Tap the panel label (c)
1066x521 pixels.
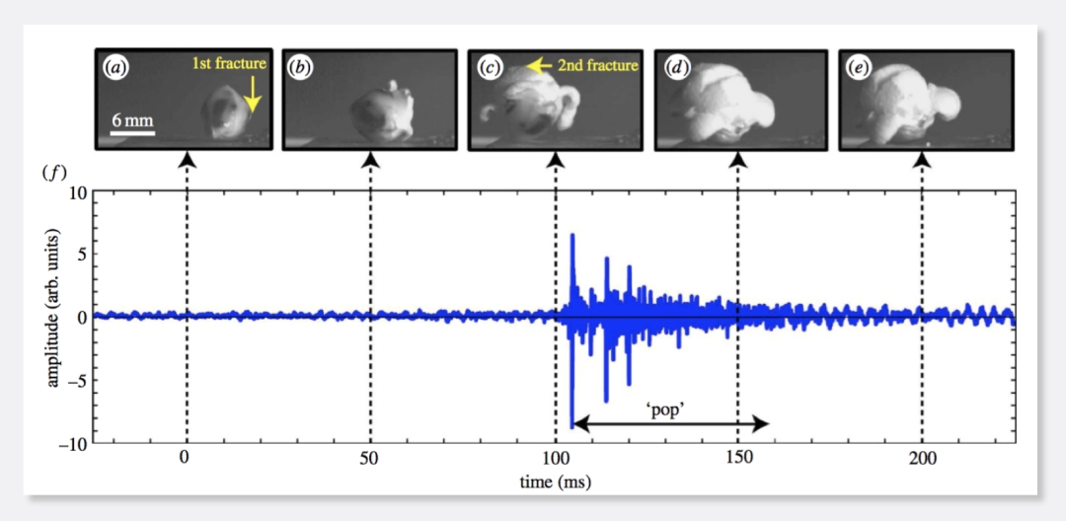point(489,68)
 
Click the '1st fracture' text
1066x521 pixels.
point(229,65)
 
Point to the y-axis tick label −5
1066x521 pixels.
point(75,380)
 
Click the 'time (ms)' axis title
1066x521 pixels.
point(554,483)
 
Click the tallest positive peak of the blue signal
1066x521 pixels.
point(572,236)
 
